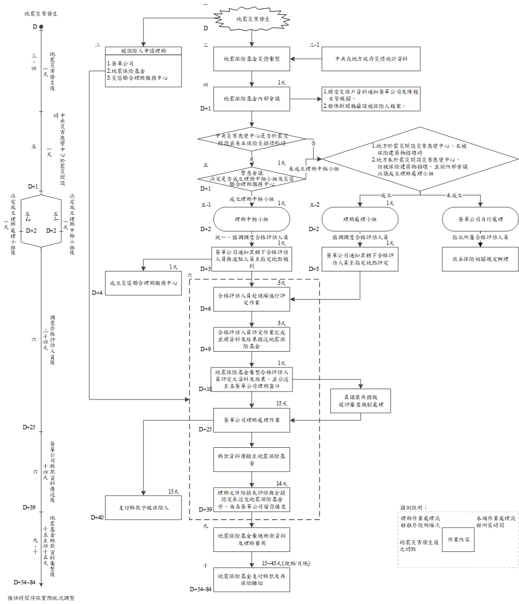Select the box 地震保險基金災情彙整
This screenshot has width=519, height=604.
[x=252, y=59]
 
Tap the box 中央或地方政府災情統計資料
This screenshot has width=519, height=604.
[x=371, y=59]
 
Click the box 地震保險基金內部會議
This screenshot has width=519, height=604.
[x=252, y=98]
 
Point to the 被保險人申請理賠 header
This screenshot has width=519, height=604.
[x=144, y=51]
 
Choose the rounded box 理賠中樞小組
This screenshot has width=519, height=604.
[x=252, y=219]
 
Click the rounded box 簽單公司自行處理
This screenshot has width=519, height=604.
[x=481, y=219]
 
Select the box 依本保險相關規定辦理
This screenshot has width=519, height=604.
[x=481, y=259]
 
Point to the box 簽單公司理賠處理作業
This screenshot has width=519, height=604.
[x=252, y=420]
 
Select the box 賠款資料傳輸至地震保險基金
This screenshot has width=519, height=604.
[x=252, y=460]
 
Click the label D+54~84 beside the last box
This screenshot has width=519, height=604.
[x=201, y=590]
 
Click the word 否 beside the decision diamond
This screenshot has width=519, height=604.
[x=313, y=144]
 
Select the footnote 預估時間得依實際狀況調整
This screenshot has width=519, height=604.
[x=41, y=598]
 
